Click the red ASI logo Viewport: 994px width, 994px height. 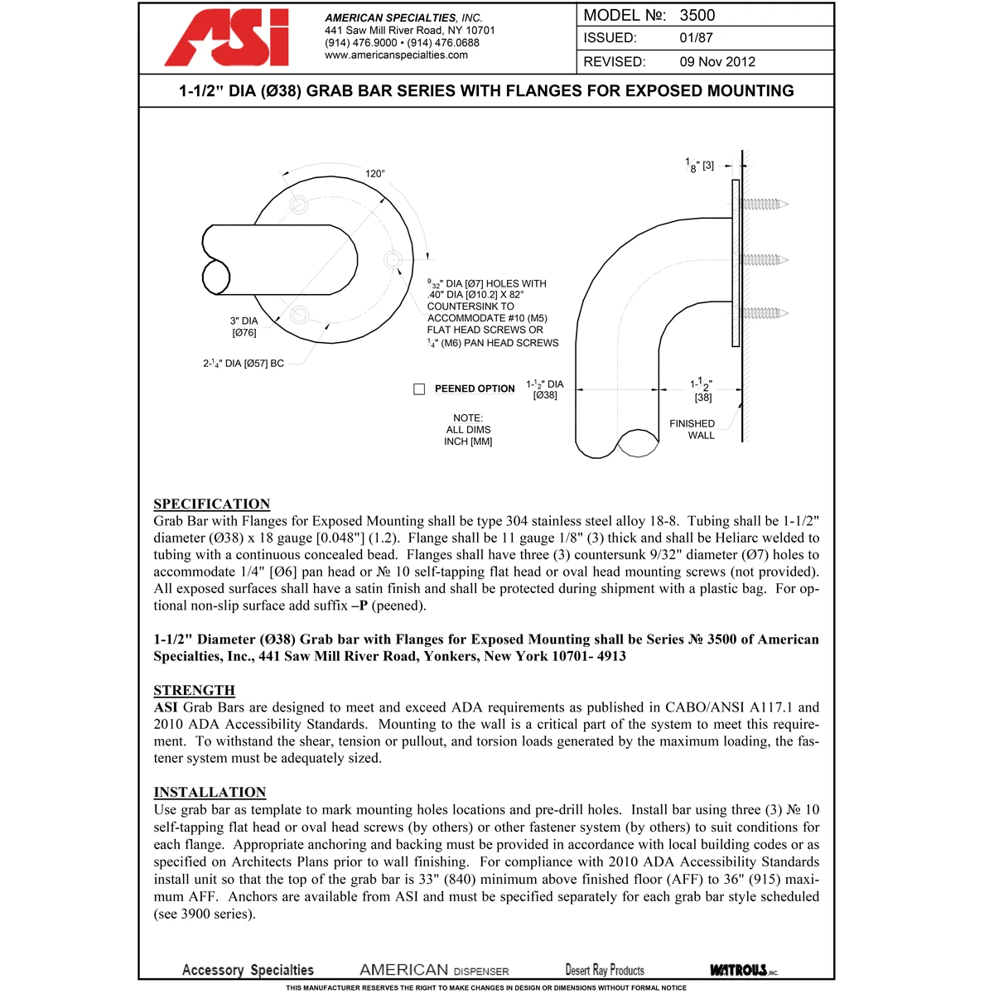tap(227, 38)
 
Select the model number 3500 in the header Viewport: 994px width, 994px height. tap(697, 15)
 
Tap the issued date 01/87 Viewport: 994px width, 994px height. tap(696, 38)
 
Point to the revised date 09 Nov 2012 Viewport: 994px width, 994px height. tap(717, 61)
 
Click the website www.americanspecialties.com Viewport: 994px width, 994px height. tap(396, 55)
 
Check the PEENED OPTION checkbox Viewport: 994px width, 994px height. tap(419, 388)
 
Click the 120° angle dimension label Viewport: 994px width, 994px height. tap(375, 174)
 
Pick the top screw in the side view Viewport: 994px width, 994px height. tap(763, 204)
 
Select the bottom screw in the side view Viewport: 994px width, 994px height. tap(763, 313)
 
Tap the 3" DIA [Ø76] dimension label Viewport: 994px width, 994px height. tap(244, 326)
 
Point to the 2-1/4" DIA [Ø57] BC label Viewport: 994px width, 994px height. tap(244, 363)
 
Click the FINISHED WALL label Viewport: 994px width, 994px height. tap(692, 429)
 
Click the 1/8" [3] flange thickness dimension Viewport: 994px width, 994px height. tap(700, 166)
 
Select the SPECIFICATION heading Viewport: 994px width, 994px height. tap(211, 504)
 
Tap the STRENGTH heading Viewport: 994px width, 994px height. tap(194, 690)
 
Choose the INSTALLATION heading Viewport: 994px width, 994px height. tap(210, 792)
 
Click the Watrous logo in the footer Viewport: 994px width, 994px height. tap(743, 970)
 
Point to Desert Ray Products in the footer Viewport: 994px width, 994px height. tap(605, 970)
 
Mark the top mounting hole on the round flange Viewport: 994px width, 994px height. tap(298, 205)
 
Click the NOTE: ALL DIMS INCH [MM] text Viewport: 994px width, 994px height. tap(468, 430)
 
